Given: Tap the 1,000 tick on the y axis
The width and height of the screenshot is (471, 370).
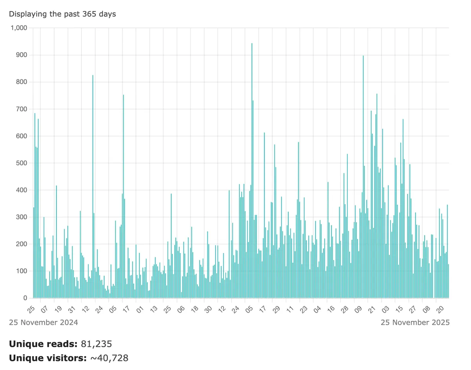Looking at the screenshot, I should (x=19, y=28).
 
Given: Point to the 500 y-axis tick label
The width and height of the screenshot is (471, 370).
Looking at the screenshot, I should (x=21, y=163).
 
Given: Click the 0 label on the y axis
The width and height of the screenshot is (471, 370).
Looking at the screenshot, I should (x=24, y=298).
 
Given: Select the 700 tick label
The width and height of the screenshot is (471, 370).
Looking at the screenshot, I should (x=21, y=109).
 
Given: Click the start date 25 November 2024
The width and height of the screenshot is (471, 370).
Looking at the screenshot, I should (x=43, y=322).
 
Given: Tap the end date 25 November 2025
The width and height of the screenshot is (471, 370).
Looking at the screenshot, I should (x=415, y=322).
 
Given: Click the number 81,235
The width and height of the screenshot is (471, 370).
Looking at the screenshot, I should (x=97, y=344).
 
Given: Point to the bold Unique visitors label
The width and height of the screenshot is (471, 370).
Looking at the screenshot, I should (x=47, y=358).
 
